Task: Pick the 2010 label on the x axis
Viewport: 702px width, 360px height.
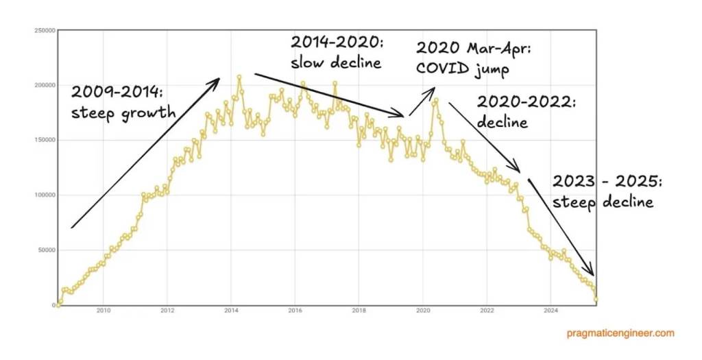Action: tap(104, 311)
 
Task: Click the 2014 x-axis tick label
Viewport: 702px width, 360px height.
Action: tap(231, 311)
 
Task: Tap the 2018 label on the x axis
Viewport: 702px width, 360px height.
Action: tap(359, 311)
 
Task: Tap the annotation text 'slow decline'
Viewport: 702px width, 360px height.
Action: tap(335, 62)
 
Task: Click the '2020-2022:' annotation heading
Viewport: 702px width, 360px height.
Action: tap(526, 103)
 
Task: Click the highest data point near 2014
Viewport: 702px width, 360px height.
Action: tap(239, 77)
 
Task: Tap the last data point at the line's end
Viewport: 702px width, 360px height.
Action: tap(596, 299)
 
